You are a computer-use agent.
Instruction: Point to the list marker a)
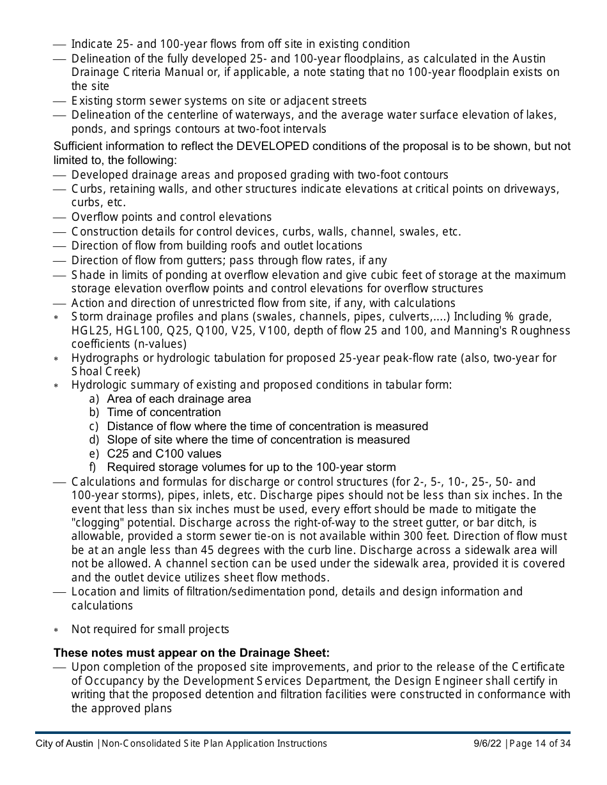pos(94,399)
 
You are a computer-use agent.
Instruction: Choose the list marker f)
pos(94,467)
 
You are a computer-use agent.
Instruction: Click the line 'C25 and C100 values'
pos(164,454)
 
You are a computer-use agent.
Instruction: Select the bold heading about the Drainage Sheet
pos(191,653)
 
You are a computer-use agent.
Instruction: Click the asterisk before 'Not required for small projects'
pos(56,630)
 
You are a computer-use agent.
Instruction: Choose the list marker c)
pos(94,426)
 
